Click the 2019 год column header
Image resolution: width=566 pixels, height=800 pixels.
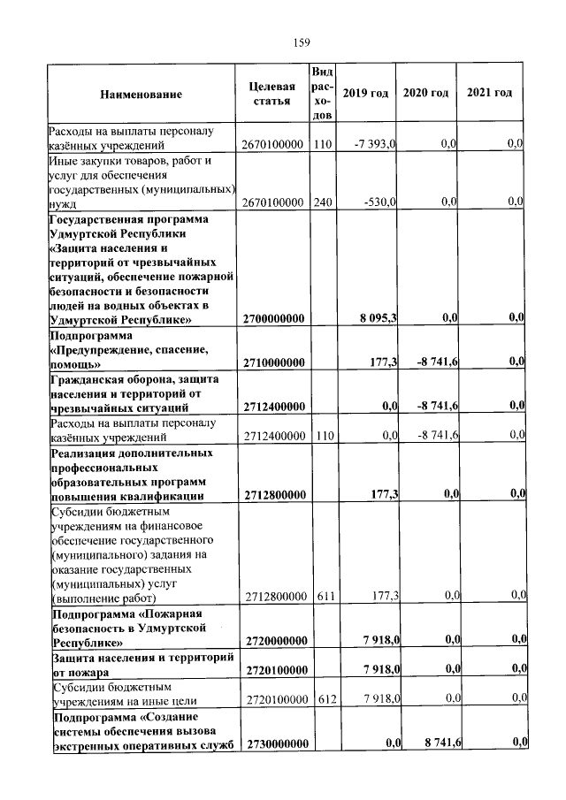point(365,94)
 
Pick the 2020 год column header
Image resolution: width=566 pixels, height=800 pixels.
point(425,94)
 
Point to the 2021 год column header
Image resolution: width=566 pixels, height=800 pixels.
point(489,94)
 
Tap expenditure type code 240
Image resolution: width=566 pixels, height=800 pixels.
point(323,202)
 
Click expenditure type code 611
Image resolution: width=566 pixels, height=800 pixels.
point(323,597)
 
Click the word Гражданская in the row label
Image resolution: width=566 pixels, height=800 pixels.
point(87,378)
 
